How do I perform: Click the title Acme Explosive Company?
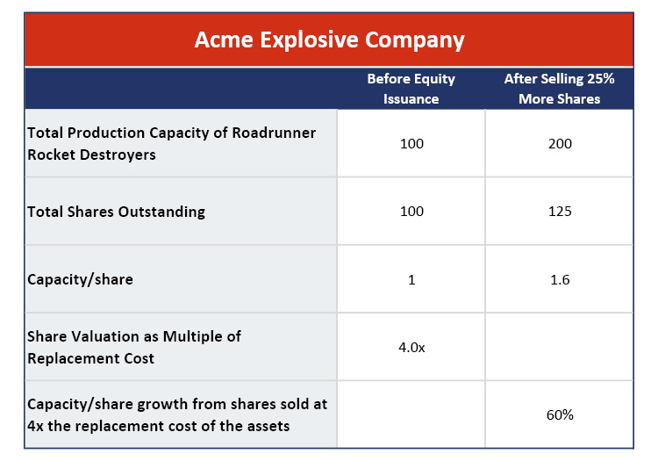329,40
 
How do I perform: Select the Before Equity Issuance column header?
411,89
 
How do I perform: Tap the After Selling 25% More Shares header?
560,89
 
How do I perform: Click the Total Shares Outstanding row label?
116,212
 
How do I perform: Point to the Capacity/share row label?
80,279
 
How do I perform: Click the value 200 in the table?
560,144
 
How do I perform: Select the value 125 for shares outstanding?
560,212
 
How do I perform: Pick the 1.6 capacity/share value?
560,279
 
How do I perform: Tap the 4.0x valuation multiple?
411,347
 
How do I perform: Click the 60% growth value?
560,414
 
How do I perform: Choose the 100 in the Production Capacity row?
411,144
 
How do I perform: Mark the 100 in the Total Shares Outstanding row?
411,212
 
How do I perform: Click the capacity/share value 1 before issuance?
411,279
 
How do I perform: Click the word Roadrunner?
274,133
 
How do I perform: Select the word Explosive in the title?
310,40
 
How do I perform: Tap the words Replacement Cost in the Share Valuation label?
90,358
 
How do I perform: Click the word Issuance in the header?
411,99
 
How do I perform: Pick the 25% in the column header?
601,78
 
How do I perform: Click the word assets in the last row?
268,426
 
